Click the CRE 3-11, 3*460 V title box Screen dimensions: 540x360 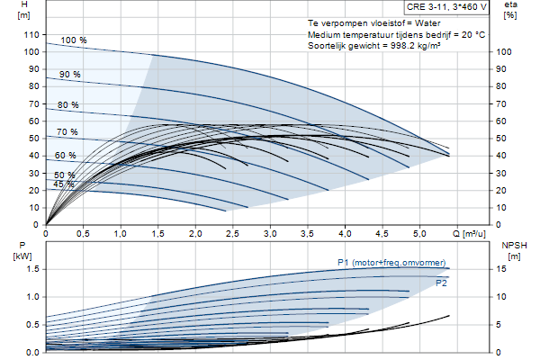446,7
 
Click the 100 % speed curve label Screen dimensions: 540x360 74,40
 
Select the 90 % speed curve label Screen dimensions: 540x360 70,75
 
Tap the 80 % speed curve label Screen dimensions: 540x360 68,105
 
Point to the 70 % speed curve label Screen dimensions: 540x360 67,132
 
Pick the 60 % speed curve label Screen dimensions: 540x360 66,156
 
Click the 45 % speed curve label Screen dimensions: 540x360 64,184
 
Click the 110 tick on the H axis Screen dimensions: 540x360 31,35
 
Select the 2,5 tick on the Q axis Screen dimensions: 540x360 232,234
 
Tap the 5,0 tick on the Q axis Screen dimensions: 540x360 419,234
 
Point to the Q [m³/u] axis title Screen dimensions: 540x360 469,234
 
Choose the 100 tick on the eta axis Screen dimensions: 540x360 504,52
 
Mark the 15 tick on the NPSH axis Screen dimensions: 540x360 502,269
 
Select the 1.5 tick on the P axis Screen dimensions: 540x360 32,269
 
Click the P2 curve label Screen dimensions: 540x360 441,283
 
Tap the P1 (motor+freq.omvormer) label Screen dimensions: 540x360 391,263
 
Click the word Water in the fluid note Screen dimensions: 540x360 427,23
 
